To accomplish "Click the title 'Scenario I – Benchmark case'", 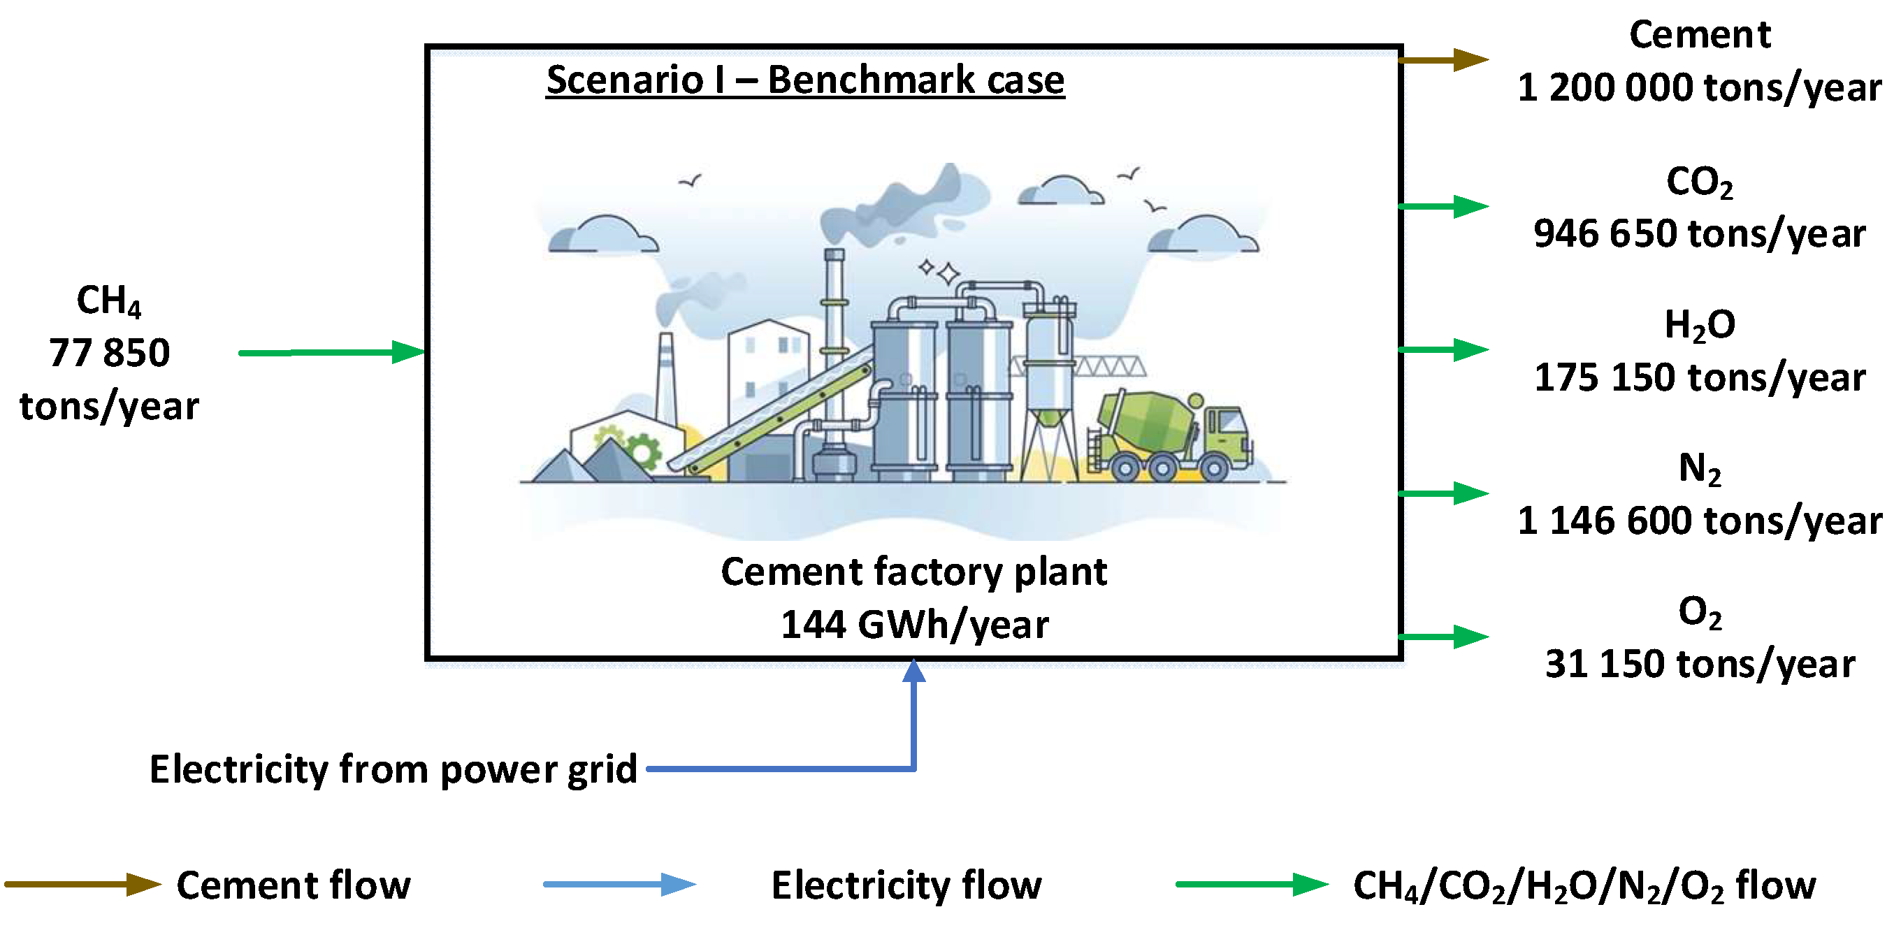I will [805, 80].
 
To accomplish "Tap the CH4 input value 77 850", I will [109, 353].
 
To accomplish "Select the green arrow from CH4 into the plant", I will [332, 352].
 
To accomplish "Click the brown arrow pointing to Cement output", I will [1444, 60].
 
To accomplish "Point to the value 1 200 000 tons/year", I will [1700, 88].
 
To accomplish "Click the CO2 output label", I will [1700, 182].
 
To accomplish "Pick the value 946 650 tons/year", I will [1700, 234].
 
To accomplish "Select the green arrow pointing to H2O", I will [1444, 349].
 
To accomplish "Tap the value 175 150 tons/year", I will [1700, 377].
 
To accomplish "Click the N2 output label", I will [1700, 468].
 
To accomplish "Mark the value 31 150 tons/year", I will [1700, 664].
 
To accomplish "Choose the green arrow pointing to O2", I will [1444, 637].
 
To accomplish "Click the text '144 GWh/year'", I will [914, 625].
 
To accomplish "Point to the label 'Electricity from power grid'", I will [393, 769].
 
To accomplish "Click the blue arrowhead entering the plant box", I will [914, 672].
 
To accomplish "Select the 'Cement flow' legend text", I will [294, 885].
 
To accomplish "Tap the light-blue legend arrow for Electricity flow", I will [619, 885].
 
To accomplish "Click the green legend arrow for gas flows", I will [1252, 885].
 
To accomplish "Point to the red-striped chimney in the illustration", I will [666, 376].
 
